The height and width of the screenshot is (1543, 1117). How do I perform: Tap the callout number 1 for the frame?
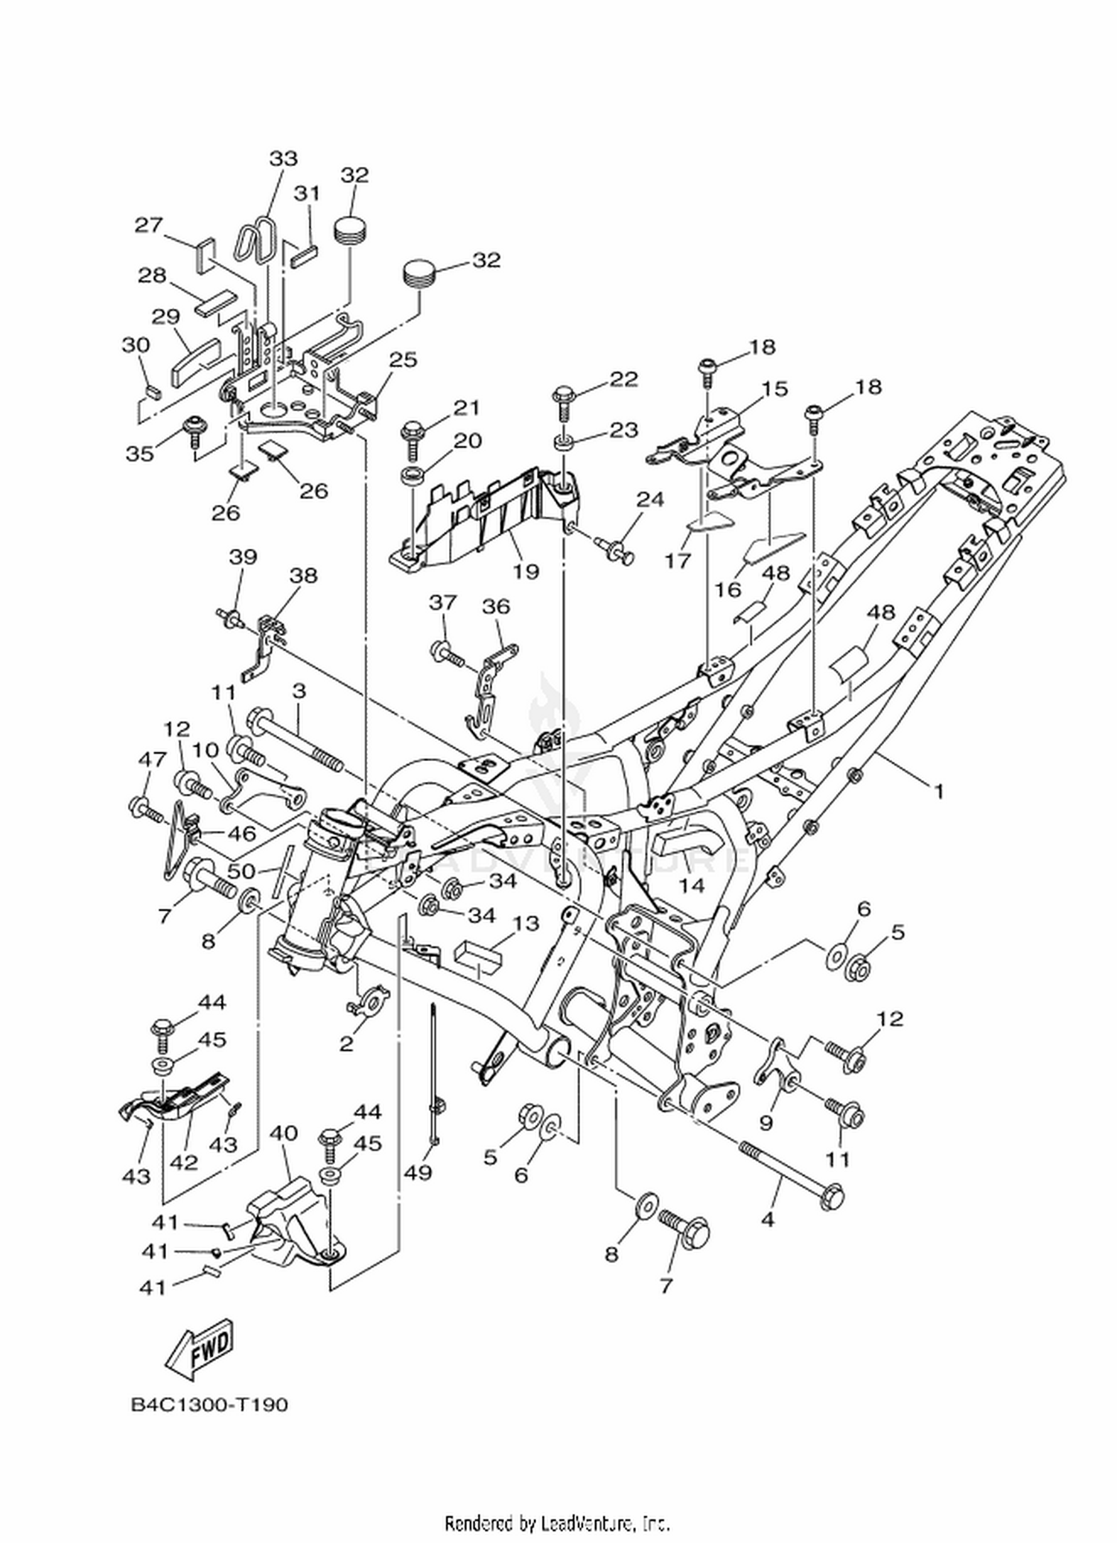tap(939, 791)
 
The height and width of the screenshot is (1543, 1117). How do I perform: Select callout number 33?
tap(283, 159)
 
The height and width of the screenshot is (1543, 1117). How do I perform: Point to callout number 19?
tap(526, 571)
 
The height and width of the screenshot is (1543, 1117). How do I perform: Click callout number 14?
tap(691, 885)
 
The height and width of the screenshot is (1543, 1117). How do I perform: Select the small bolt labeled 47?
tap(145, 809)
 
